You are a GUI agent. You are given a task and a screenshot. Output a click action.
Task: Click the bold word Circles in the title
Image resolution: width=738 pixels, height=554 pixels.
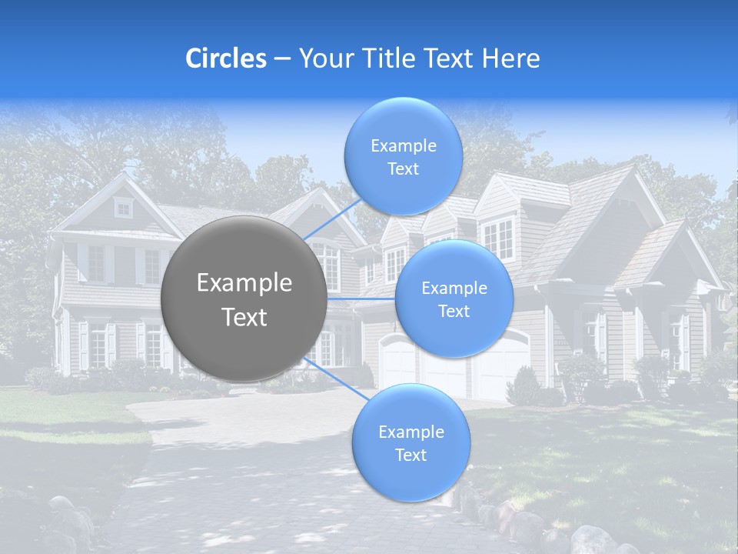[x=226, y=58]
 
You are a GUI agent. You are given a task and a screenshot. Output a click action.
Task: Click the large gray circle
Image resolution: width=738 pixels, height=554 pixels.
[x=244, y=298]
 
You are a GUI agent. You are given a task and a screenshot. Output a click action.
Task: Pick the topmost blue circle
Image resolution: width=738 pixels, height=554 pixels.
[x=403, y=156]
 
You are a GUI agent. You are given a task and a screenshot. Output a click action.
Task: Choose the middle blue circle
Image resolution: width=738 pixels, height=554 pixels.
[x=454, y=299]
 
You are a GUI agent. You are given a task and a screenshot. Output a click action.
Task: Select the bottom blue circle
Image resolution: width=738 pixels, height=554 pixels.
[x=411, y=442]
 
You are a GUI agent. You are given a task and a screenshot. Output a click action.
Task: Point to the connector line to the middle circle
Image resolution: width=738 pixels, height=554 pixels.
[x=362, y=299]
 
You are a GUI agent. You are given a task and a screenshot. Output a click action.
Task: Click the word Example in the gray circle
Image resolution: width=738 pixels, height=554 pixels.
[x=244, y=283]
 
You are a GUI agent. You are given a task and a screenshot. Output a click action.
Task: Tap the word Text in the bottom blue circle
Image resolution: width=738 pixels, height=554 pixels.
[x=411, y=455]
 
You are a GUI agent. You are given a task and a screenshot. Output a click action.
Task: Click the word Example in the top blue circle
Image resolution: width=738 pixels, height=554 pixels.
[x=403, y=145]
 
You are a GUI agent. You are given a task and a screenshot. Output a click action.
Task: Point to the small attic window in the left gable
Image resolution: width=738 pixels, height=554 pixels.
[x=123, y=207]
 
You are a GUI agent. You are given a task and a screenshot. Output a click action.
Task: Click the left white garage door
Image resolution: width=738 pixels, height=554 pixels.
[x=397, y=365]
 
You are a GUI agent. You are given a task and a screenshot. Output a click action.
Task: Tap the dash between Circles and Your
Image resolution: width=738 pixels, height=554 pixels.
[x=282, y=59]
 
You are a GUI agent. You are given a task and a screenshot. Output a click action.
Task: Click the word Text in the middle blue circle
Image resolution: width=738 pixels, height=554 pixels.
[x=454, y=311]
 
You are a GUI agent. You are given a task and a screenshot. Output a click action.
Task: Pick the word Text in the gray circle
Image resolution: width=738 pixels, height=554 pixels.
[x=244, y=317]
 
